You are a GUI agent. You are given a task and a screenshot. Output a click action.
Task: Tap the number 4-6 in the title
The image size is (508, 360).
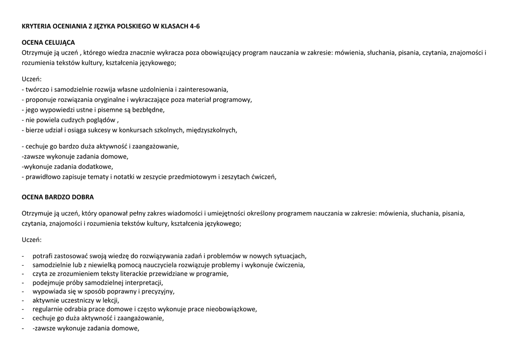pos(195,26)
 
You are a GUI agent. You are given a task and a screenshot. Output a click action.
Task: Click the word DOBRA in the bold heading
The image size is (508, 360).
pos(82,197)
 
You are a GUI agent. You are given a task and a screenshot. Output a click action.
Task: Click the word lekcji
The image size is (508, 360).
pos(111,300)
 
